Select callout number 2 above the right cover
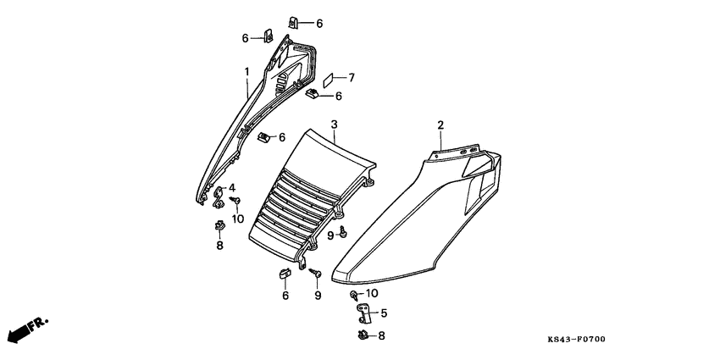pyautogui.click(x=440, y=125)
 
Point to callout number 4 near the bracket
pyautogui.click(x=232, y=187)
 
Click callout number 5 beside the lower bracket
pyautogui.click(x=384, y=313)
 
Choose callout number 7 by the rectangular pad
pyautogui.click(x=352, y=77)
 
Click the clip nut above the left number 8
pyautogui.click(x=219, y=225)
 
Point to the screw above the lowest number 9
pyautogui.click(x=314, y=274)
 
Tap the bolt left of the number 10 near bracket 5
pyautogui.click(x=352, y=294)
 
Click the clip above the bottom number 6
pyautogui.click(x=285, y=272)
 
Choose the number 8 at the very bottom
pyautogui.click(x=381, y=336)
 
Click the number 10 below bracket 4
pyautogui.click(x=238, y=219)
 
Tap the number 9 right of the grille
pyautogui.click(x=330, y=235)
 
